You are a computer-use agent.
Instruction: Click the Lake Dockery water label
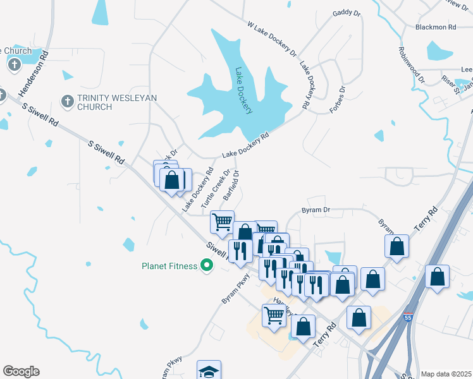pos(243,91)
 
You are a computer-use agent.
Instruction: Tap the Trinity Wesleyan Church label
pos(117,102)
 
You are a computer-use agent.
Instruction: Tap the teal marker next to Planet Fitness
pos(206,266)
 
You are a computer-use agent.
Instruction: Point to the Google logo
pos(21,371)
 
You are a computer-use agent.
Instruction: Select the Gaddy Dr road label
pos(345,13)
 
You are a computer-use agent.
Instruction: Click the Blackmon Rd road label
pos(436,27)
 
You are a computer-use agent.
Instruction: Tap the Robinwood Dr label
pos(411,66)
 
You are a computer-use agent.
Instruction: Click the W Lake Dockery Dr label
pos(272,39)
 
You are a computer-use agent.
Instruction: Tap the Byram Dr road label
pos(316,210)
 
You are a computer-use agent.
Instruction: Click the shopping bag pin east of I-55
pos(437,277)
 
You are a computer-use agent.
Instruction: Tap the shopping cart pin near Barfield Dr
pos(222,222)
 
